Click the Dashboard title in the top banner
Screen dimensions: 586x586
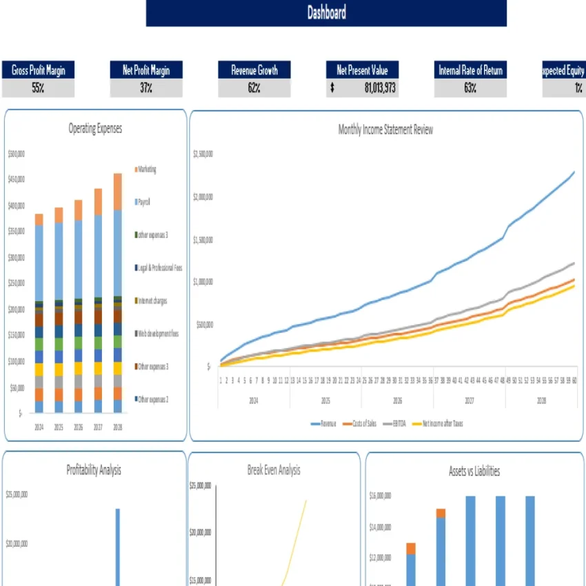(x=326, y=12)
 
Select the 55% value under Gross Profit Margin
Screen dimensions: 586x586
(x=38, y=88)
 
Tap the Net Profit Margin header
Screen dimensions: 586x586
(x=146, y=70)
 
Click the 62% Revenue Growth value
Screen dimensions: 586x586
(x=254, y=88)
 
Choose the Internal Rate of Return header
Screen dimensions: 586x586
(x=470, y=70)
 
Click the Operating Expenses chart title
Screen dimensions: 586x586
(x=95, y=128)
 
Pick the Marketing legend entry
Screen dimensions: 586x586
(x=146, y=170)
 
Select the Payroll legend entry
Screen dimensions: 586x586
(x=143, y=202)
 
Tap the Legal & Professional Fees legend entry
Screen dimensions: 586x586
(x=159, y=267)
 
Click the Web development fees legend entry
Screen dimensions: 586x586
(x=158, y=334)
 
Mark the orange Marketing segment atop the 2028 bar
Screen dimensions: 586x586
(x=118, y=191)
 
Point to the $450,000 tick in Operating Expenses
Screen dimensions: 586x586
(x=16, y=180)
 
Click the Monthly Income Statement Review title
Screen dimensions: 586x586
(x=385, y=130)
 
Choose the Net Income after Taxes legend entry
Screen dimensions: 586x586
(x=441, y=423)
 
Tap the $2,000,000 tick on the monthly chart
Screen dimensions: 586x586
(x=203, y=197)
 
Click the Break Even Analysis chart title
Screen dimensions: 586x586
(x=274, y=470)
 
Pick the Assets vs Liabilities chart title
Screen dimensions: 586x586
(x=474, y=472)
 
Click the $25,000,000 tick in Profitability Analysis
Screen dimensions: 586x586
(x=17, y=494)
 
